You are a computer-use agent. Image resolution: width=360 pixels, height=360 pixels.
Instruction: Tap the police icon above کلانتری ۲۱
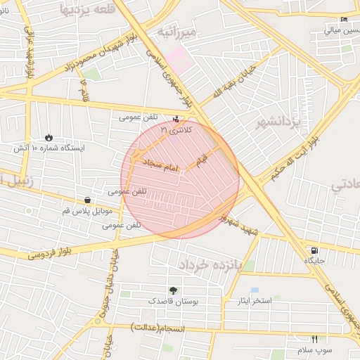pyautogui.click(x=175, y=119)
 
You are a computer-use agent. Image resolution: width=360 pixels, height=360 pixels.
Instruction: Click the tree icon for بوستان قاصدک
pyautogui.click(x=173, y=290)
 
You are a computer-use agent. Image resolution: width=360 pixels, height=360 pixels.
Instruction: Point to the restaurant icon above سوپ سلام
pyautogui.click(x=314, y=339)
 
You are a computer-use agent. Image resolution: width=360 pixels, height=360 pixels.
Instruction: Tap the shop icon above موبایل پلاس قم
pyautogui.click(x=86, y=200)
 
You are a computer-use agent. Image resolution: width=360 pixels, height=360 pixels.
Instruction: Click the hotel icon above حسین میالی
pyautogui.click(x=343, y=20)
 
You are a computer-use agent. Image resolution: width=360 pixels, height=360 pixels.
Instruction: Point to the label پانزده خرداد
pyautogui.click(x=210, y=265)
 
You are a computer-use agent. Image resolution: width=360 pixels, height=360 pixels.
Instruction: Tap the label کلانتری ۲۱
pyautogui.click(x=174, y=129)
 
